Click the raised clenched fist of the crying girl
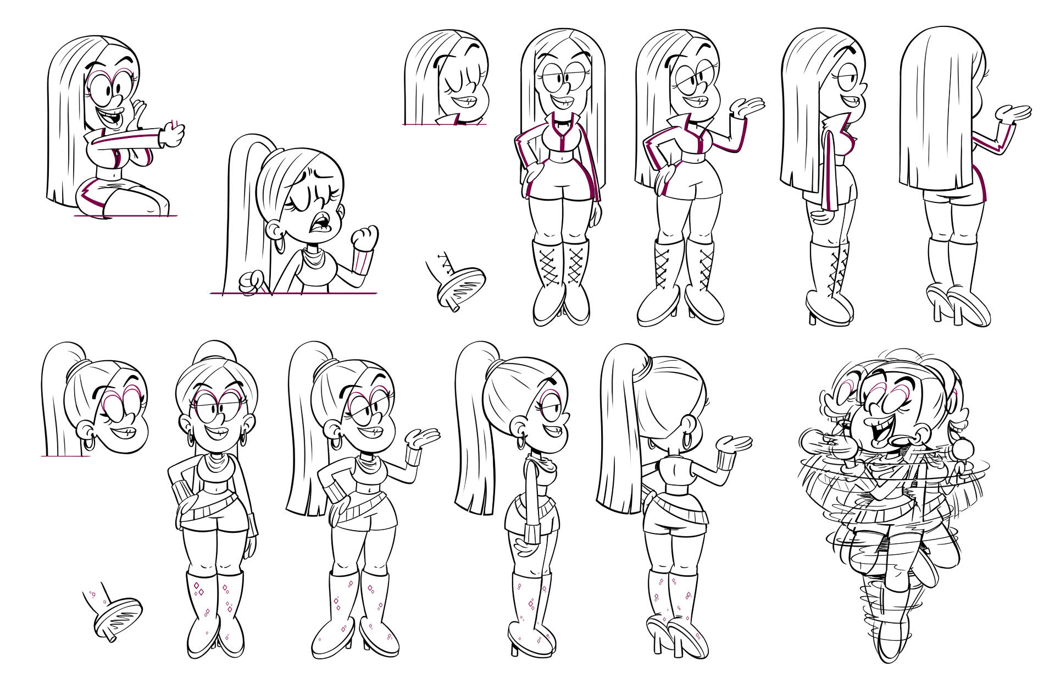click(365, 238)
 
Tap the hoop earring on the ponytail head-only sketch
click(88, 443)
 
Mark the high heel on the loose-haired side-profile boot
click(812, 317)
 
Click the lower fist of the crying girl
click(252, 282)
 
